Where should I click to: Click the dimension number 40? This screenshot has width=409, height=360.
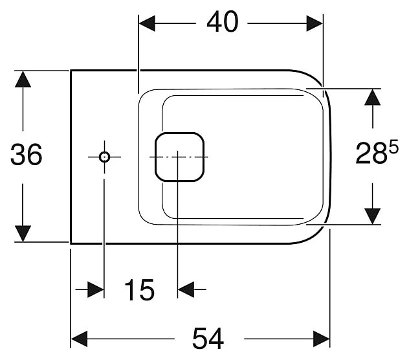[222, 23]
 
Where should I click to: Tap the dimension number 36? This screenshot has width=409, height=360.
[27, 155]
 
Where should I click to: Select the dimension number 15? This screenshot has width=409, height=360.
[139, 290]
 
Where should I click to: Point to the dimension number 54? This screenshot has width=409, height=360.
[207, 338]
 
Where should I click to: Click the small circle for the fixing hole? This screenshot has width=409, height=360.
[104, 157]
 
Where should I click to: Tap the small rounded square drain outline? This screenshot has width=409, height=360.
[179, 157]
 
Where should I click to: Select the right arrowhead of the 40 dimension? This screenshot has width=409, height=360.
[315, 23]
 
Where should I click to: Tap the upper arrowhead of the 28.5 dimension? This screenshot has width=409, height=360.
[372, 96]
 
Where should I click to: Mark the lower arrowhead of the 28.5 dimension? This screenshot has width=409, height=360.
[372, 216]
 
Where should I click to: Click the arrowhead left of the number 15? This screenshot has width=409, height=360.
[96, 289]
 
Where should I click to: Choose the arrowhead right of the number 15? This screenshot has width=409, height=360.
[186, 289]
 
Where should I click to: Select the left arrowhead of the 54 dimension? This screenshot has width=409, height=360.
[79, 338]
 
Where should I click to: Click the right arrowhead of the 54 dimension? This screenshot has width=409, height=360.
[322, 338]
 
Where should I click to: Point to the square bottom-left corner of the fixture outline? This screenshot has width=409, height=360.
[71, 243]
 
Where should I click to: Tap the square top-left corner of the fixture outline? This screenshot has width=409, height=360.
[71, 70]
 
